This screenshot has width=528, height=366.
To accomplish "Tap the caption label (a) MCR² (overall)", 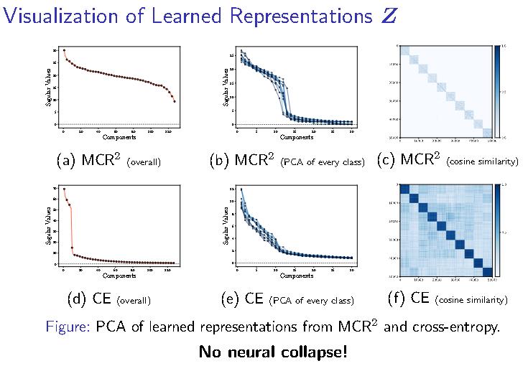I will click(x=108, y=161).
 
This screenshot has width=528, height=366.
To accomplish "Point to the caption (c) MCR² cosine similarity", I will click(x=448, y=161).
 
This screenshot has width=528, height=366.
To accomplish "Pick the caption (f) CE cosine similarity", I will click(x=448, y=298).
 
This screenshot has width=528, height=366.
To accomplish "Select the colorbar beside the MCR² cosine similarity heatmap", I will click(x=498, y=90).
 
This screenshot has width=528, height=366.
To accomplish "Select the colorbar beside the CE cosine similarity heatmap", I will click(x=498, y=230).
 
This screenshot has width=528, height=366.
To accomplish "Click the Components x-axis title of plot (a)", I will click(x=119, y=137).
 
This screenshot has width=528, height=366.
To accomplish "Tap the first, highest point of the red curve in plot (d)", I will click(x=64, y=189).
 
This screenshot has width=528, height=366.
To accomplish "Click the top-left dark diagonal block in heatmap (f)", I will click(x=404, y=189).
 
